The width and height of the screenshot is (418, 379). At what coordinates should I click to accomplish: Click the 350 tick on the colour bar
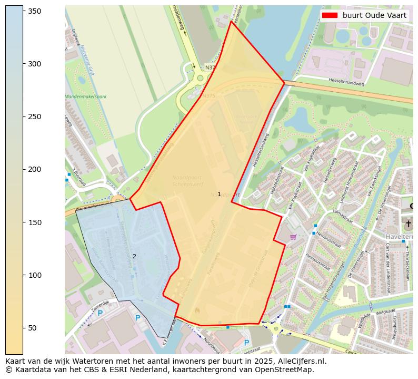(23, 11)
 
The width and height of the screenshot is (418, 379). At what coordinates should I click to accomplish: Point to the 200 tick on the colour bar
(23, 169)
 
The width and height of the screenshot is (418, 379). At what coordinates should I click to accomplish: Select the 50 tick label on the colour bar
(32, 328)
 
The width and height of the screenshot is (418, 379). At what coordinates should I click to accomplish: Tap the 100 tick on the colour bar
(23, 275)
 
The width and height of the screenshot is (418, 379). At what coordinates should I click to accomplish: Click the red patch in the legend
(330, 15)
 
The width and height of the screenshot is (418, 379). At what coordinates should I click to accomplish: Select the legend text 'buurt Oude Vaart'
(374, 15)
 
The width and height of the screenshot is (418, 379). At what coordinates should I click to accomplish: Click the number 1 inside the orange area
(219, 195)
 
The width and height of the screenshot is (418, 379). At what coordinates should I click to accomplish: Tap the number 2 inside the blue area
(134, 257)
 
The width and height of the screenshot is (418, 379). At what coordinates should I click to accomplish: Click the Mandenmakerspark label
(85, 96)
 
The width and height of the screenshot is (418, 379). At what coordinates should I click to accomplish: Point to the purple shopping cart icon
(293, 237)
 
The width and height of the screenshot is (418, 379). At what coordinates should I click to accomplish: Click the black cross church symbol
(408, 223)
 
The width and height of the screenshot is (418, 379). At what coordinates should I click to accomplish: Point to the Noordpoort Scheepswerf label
(186, 181)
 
